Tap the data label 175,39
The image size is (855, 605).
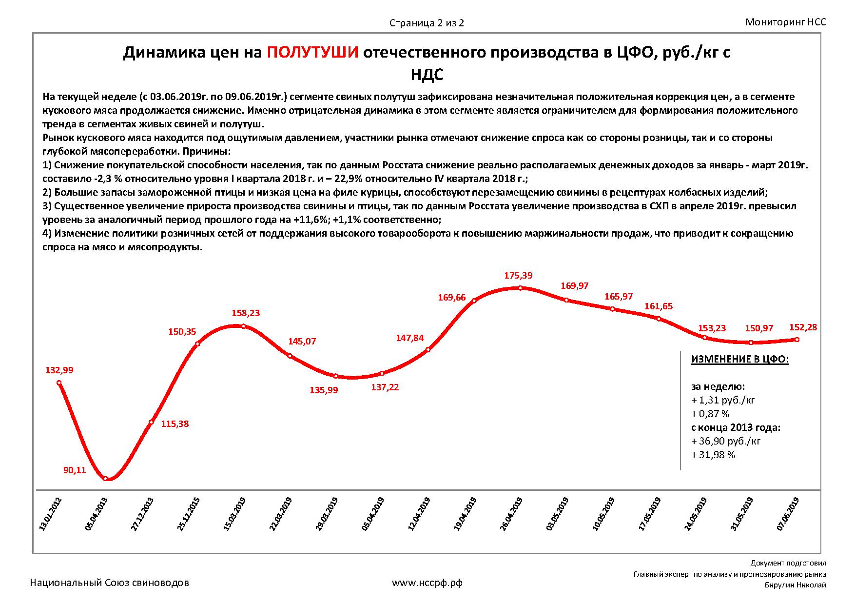[x=518, y=276]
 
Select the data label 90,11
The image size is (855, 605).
[x=75, y=470]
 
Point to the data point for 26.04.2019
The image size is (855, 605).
[x=520, y=288]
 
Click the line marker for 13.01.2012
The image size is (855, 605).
[x=59, y=383]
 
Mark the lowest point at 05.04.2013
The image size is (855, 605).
[x=106, y=479]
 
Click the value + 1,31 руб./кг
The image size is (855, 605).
[x=723, y=400]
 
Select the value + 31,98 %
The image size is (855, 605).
[x=713, y=455]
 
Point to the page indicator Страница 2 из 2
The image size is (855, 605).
[x=427, y=23]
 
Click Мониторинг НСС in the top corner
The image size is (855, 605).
[x=786, y=22]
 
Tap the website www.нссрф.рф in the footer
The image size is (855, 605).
[x=427, y=583]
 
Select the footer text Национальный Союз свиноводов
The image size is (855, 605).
[x=109, y=583]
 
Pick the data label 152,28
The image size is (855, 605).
[x=802, y=327]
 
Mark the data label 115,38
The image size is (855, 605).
[x=175, y=424]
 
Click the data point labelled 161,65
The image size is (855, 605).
[x=659, y=319]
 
